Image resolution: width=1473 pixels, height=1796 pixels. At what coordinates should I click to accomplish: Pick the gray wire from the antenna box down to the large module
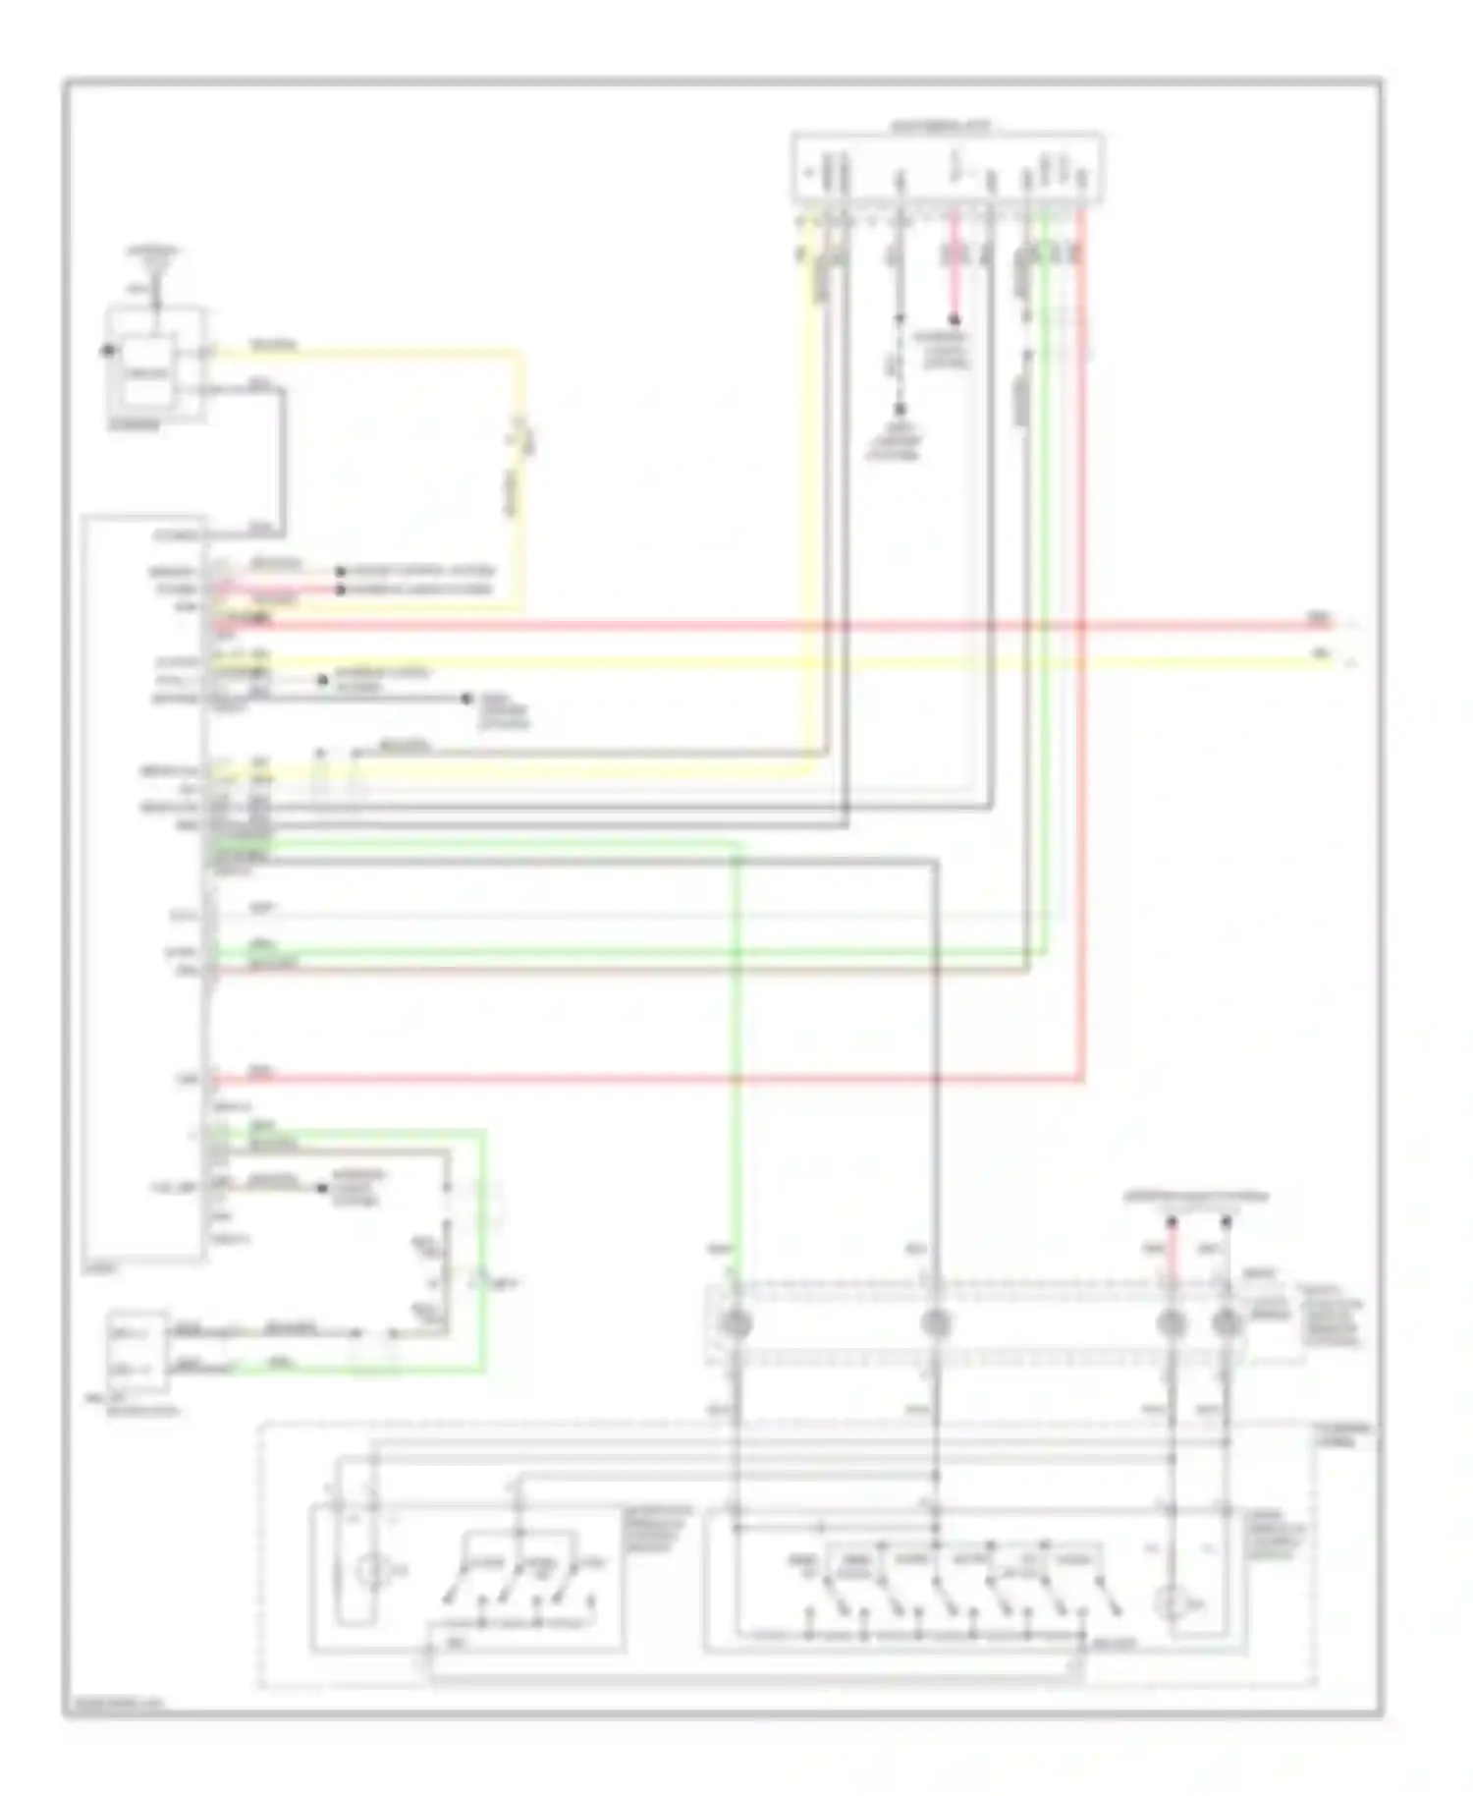pos(284,452)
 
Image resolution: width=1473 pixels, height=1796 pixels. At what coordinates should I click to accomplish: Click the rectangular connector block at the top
pos(948,168)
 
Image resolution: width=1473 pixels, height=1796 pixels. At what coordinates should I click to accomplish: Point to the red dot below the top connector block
pos(953,319)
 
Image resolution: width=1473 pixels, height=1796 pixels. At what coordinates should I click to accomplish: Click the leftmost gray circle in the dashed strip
pos(736,1324)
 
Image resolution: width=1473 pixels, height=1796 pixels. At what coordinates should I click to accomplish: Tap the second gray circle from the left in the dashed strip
pos(936,1324)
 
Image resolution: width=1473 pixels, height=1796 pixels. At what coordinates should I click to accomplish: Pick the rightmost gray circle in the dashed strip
pos(1226,1324)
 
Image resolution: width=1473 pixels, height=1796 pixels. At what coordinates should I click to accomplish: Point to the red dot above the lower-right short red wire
pos(1171,1223)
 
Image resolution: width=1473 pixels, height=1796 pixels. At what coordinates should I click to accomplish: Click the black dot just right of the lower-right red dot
pos(1226,1223)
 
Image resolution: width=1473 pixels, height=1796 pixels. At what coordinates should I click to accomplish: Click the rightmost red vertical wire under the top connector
pos(1082,688)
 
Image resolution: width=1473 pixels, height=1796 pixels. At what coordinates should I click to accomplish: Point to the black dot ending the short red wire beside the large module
pos(341,589)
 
